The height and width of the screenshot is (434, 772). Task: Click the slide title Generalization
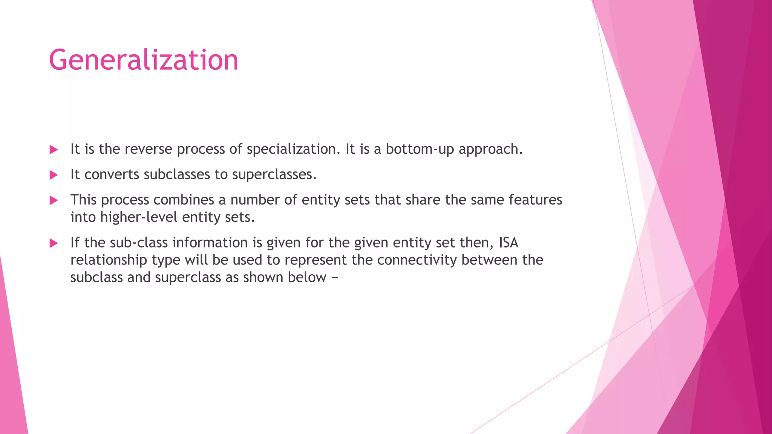tap(144, 60)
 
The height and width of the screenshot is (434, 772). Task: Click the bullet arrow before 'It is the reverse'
tap(54, 150)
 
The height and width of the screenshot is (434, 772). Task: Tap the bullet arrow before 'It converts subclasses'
tap(54, 175)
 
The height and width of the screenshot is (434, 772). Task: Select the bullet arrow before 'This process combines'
tap(54, 200)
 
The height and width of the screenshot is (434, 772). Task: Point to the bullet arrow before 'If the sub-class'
tap(54, 243)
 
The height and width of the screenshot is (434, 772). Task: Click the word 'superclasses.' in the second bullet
tap(274, 174)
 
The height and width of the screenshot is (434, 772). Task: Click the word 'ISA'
tap(509, 243)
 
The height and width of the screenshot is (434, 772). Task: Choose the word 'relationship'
tap(109, 260)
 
